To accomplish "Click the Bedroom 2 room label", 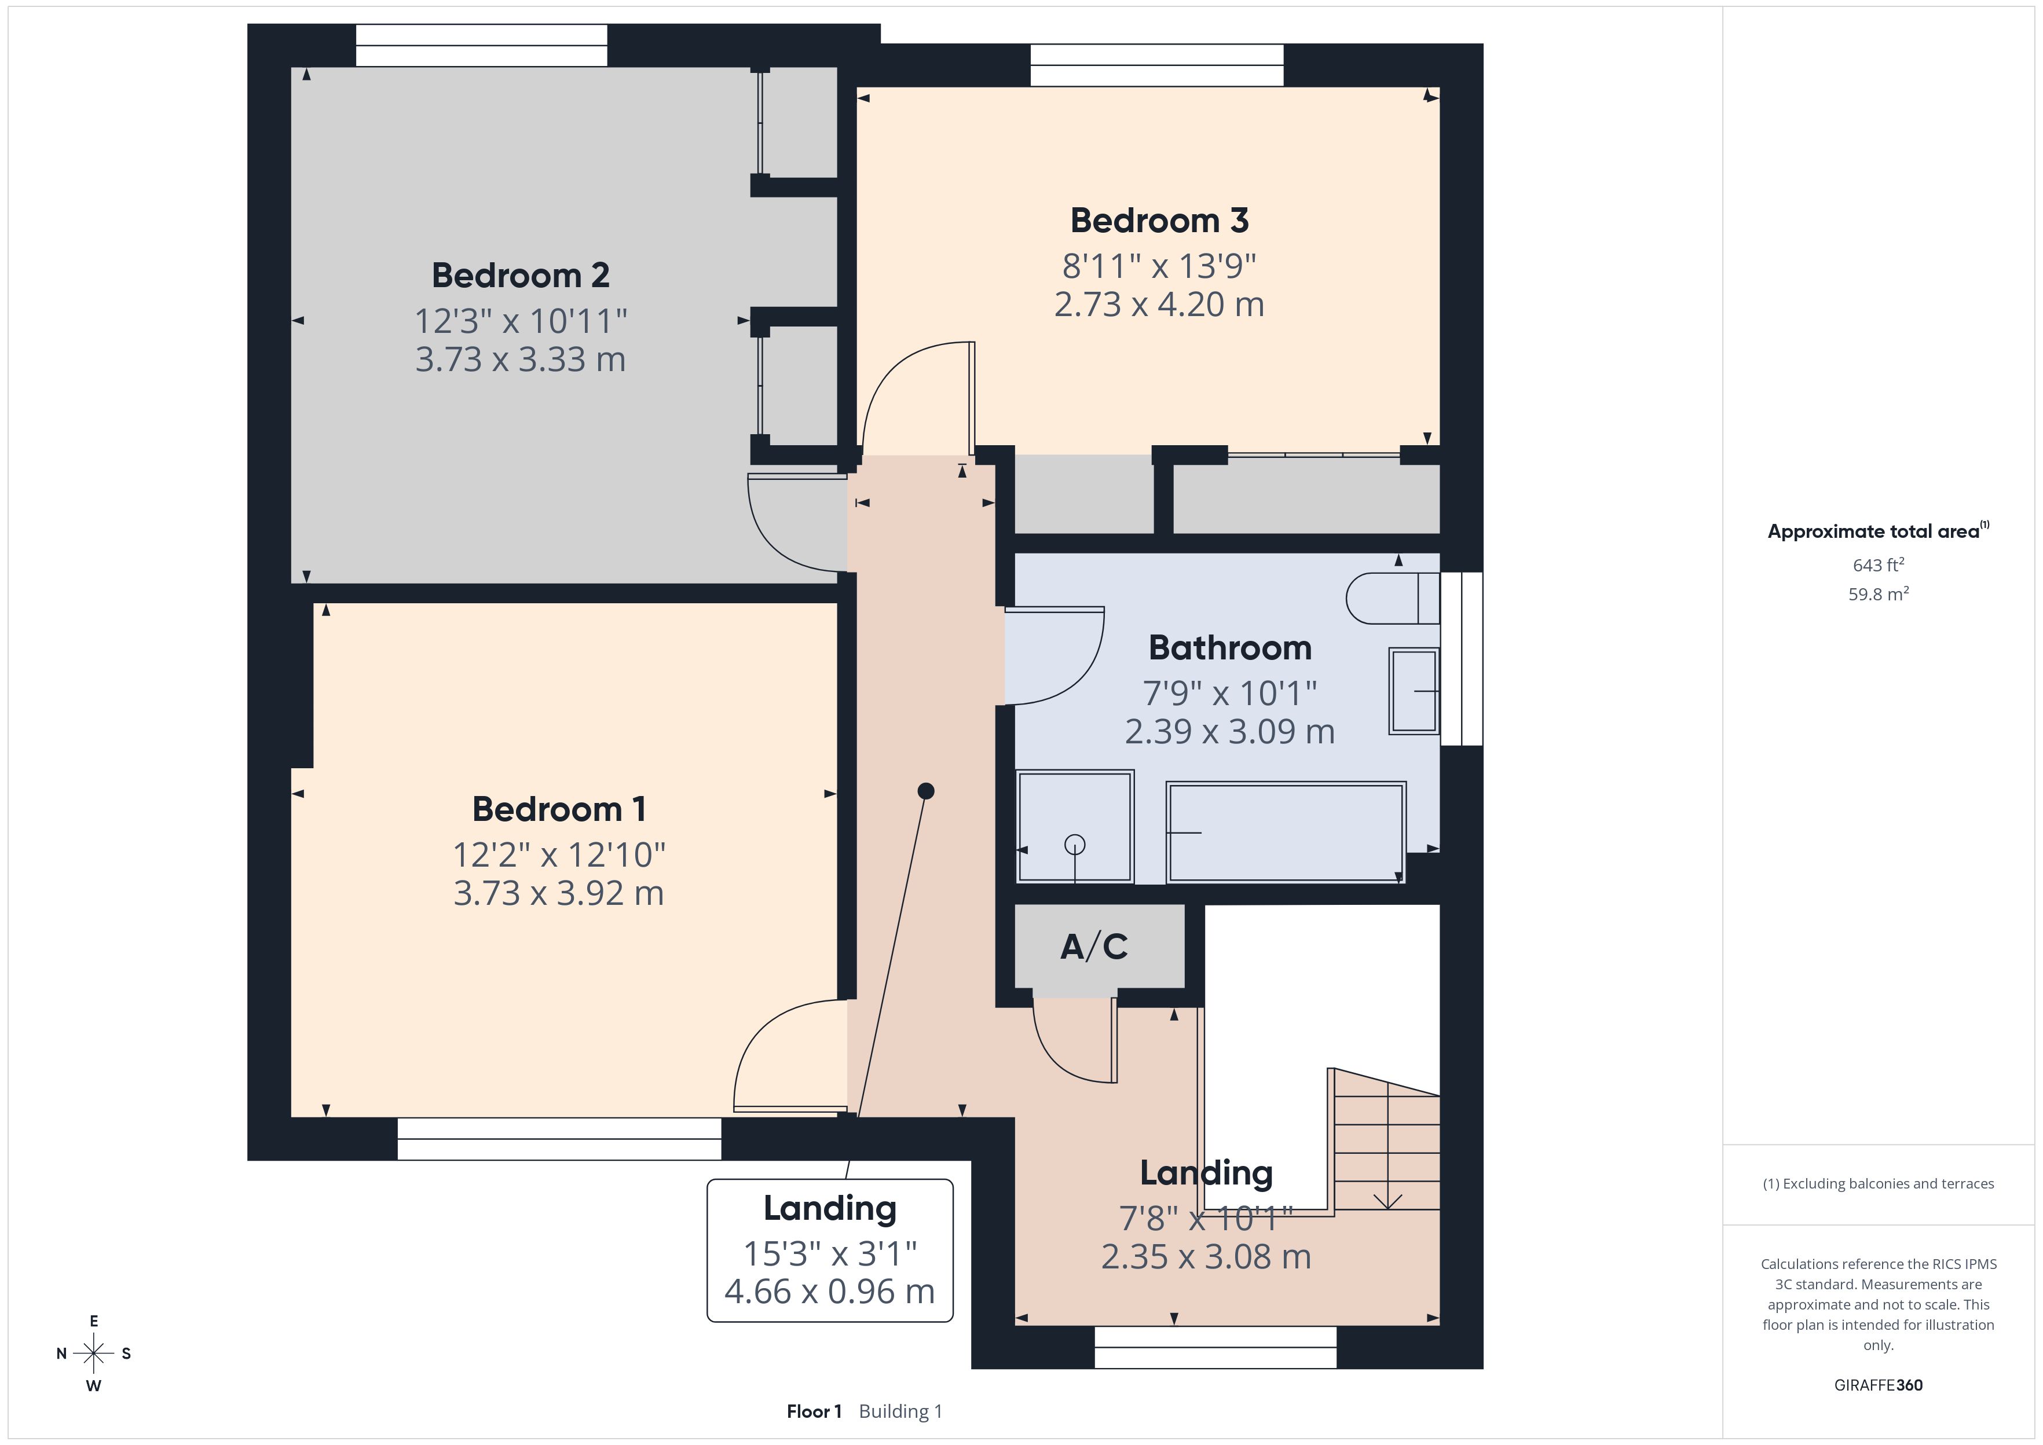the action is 521,276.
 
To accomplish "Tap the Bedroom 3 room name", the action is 1159,221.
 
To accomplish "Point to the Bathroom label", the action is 1230,648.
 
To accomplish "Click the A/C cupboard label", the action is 1094,946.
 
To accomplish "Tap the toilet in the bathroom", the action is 1393,598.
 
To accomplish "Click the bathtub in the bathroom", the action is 1286,832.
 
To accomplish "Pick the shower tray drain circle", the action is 1075,845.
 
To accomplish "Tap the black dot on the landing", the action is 925,791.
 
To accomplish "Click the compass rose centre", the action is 93,1354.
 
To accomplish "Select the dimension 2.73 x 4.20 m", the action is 1159,305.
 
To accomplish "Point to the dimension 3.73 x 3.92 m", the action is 559,893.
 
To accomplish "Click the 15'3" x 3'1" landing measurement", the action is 829,1254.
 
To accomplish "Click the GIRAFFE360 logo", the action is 1879,1384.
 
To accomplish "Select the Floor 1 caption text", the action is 814,1411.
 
